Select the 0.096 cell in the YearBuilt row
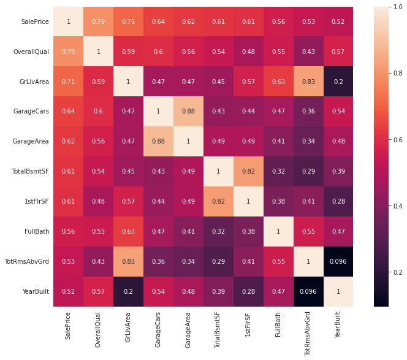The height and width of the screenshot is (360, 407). pyautogui.click(x=308, y=291)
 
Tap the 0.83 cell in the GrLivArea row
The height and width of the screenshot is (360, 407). pyautogui.click(x=308, y=82)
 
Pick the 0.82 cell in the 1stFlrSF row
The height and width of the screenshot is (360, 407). pyautogui.click(x=218, y=201)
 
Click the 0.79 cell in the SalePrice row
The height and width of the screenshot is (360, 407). pyautogui.click(x=98, y=21)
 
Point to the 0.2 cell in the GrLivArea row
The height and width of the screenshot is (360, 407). pyautogui.click(x=338, y=82)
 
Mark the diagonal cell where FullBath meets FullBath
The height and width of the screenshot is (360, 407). pyautogui.click(x=278, y=231)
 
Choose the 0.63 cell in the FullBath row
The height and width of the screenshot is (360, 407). pyautogui.click(x=128, y=231)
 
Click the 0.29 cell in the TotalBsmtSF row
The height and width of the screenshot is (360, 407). pyautogui.click(x=308, y=171)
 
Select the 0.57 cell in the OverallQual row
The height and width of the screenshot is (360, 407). pyautogui.click(x=338, y=52)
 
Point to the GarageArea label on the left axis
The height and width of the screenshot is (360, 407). pyautogui.click(x=31, y=141)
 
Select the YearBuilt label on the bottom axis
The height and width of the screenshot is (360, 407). pyautogui.click(x=338, y=327)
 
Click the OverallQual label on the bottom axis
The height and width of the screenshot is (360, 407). pyautogui.click(x=98, y=331)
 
